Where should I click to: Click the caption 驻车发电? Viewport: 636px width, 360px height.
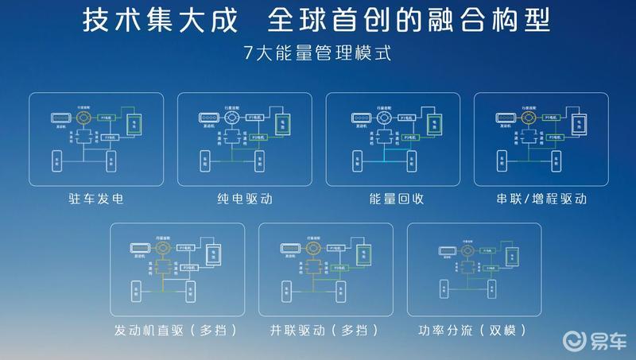click(96, 198)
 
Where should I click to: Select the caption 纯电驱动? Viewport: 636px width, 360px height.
click(244, 198)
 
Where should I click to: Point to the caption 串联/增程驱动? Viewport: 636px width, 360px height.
click(541, 198)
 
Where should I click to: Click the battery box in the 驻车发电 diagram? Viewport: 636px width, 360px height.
click(134, 124)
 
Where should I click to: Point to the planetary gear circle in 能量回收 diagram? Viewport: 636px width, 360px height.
click(382, 118)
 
